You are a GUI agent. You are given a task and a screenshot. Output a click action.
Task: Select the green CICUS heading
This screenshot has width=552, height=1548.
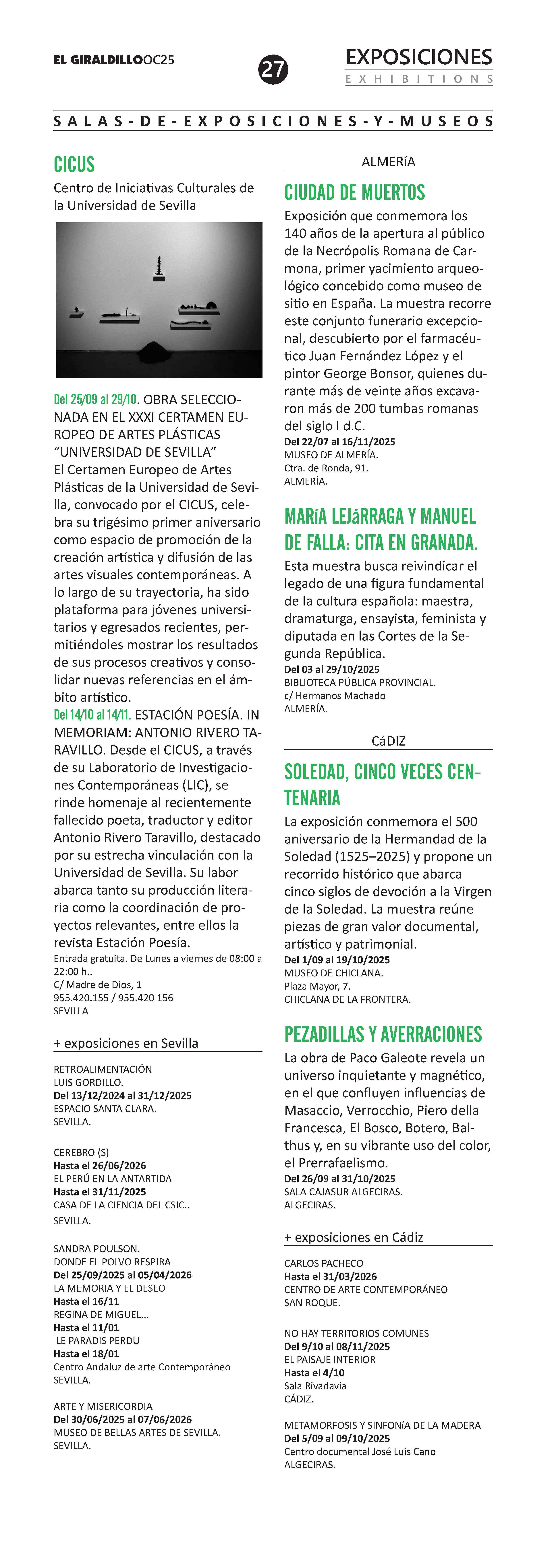coord(75,164)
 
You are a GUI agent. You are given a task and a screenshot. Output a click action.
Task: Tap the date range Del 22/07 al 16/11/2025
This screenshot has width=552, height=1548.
coord(340,442)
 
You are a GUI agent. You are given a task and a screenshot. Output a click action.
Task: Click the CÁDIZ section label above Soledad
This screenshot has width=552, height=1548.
coord(388,741)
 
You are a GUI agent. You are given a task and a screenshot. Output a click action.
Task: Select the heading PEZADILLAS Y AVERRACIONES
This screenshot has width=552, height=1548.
coord(383,1034)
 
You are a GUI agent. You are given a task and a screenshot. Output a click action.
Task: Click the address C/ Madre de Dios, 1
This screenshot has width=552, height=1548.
coord(97,984)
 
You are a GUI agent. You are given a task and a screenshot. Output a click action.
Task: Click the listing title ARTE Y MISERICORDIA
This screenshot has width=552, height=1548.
coord(103,1406)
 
